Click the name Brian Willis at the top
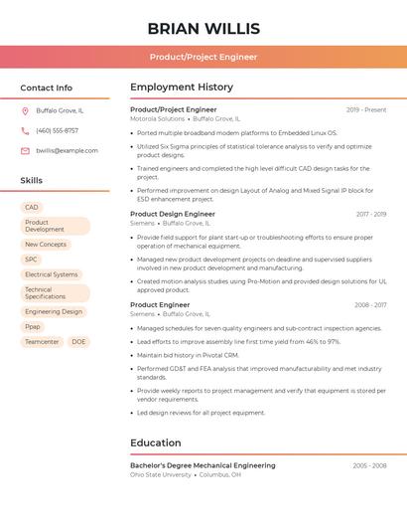coord(203,28)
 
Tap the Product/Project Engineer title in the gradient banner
coord(203,57)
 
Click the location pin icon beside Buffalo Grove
coord(25,110)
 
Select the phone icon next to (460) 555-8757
coord(25,130)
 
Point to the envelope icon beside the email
coord(25,151)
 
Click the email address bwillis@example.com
coord(67,151)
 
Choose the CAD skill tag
coord(32,207)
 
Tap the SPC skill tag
coord(32,259)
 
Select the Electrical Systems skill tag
coord(52,274)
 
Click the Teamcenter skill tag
coord(42,341)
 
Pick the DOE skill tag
coord(78,341)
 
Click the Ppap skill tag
coord(34,326)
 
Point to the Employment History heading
coord(182,88)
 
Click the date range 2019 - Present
coord(366,109)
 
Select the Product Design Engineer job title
coord(173,214)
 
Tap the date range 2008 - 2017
coord(370,305)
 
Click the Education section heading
coord(156,442)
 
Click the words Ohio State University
coord(161,475)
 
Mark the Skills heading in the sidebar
coord(32,181)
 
